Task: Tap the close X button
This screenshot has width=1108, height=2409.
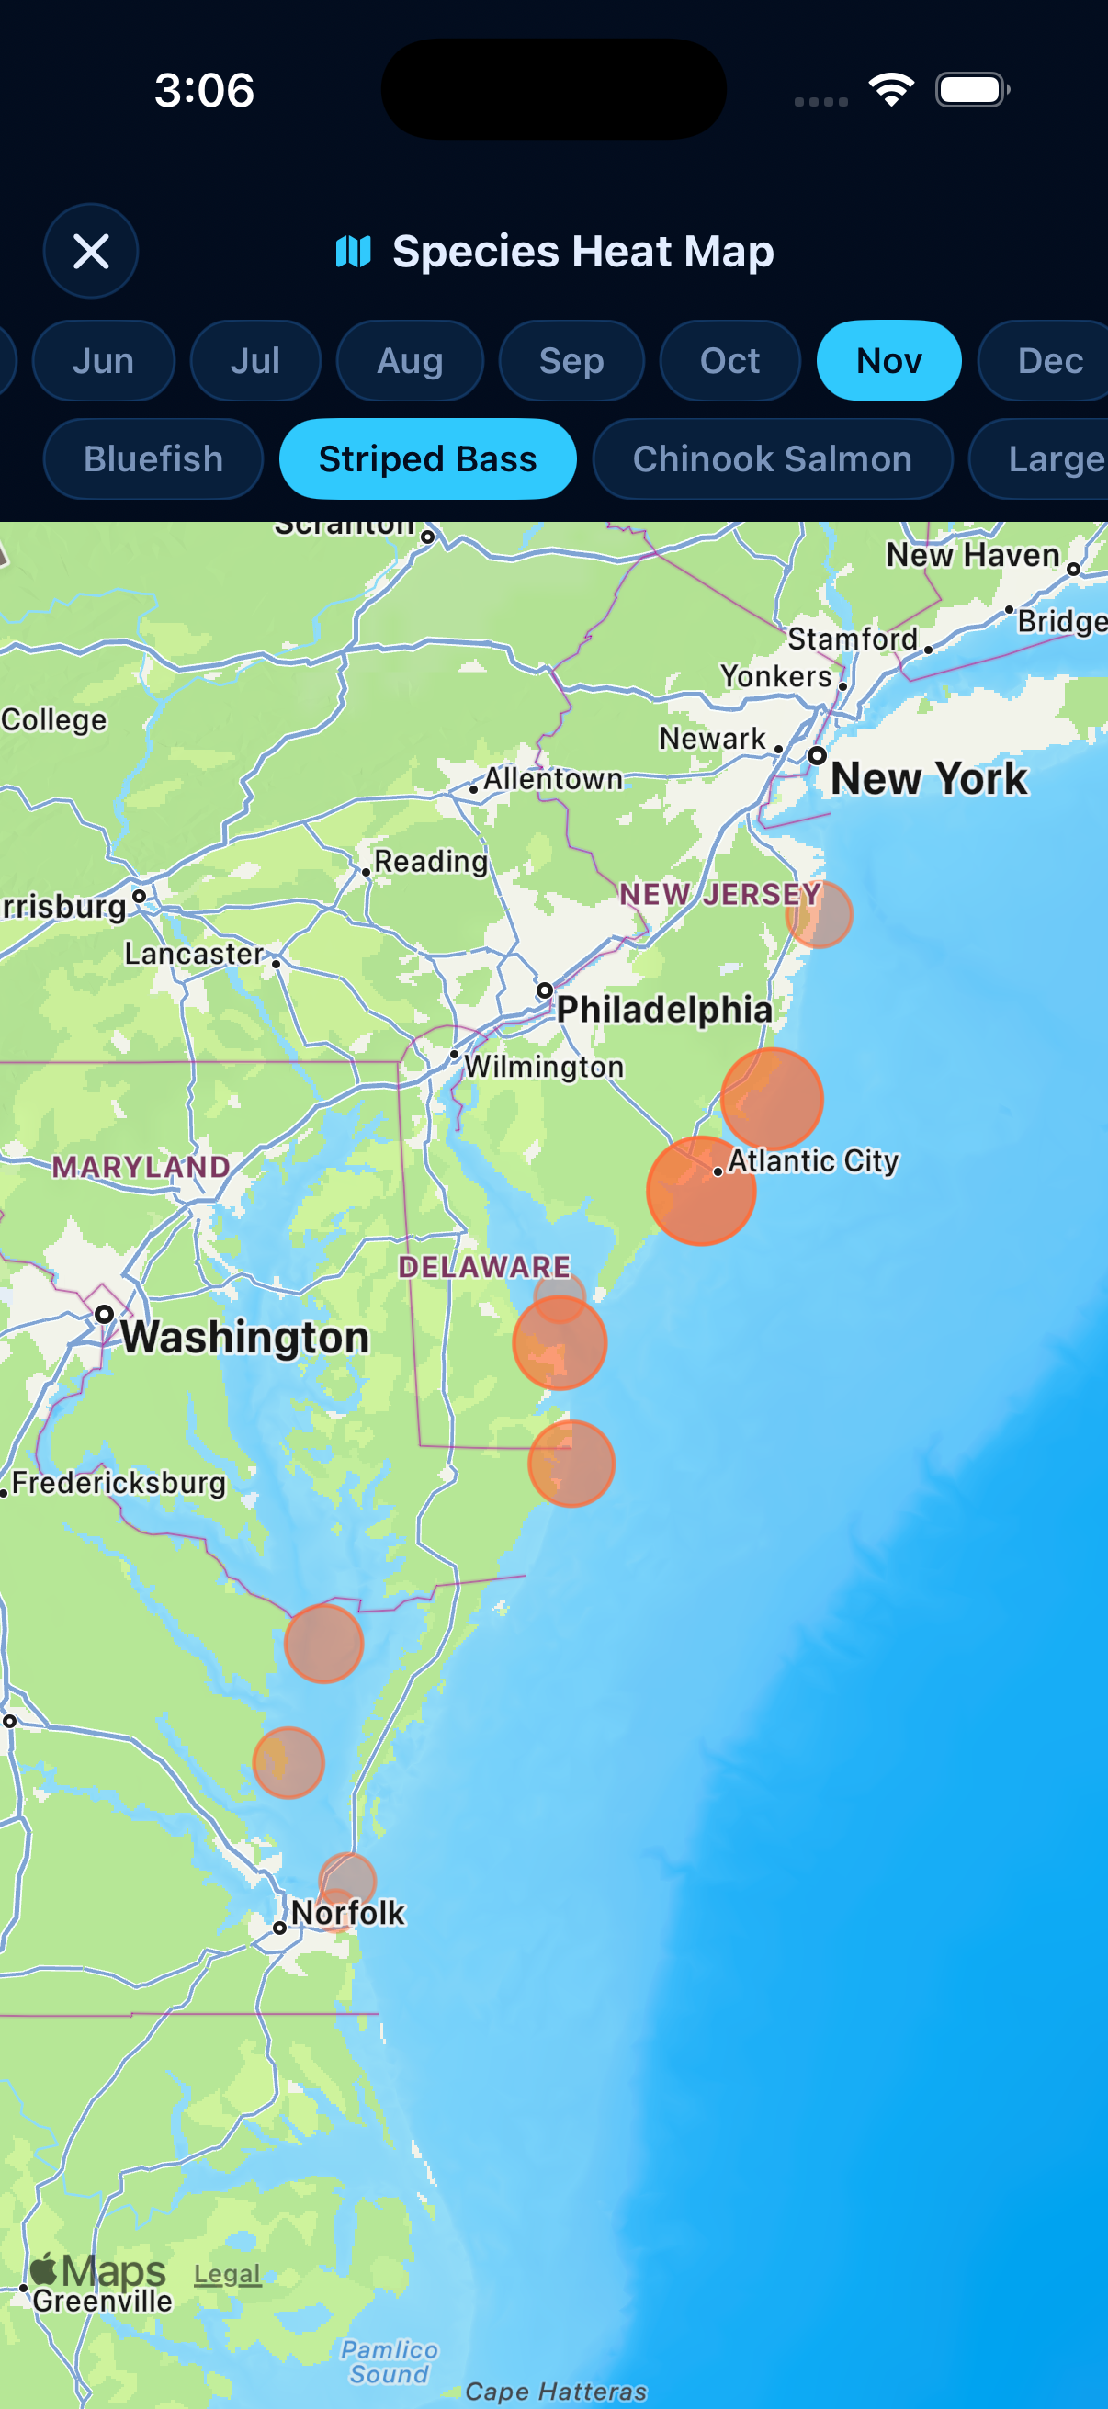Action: click(91, 251)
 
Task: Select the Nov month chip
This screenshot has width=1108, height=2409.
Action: click(888, 361)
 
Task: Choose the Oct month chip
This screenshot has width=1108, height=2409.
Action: click(729, 361)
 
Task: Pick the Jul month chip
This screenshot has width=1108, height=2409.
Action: click(255, 361)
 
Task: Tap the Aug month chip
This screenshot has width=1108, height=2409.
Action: click(410, 361)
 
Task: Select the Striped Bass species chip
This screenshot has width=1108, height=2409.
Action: click(427, 459)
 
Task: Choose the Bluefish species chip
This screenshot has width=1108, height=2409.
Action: click(153, 459)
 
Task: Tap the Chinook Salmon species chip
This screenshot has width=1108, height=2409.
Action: click(772, 459)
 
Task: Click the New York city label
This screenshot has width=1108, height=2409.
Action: click(929, 778)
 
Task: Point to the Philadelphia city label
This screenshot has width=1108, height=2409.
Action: click(664, 1009)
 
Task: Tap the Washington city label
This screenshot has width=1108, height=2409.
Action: click(245, 1337)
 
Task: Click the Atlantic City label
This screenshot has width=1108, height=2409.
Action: click(812, 1160)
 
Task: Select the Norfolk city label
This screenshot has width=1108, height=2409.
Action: click(348, 1913)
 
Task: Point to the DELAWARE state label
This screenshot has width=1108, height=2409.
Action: click(484, 1267)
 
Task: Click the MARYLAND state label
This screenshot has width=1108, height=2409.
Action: click(141, 1166)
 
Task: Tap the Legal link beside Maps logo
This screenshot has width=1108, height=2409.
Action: click(227, 2273)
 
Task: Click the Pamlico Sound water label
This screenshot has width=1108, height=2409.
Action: click(389, 2361)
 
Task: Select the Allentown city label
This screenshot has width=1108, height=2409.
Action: click(552, 778)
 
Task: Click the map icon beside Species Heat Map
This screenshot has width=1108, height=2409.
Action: click(354, 251)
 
